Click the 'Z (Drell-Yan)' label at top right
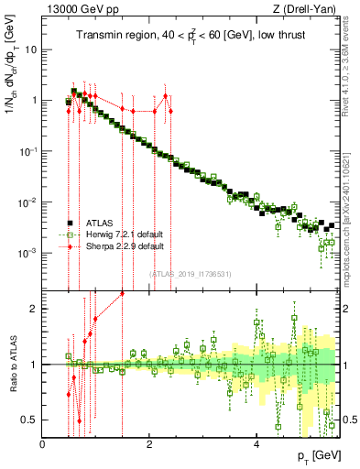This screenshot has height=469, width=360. pos(311,10)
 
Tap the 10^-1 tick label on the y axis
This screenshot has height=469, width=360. pos(29,150)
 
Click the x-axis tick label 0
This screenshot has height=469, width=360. pos(43,443)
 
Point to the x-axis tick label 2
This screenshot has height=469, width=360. pos(149,443)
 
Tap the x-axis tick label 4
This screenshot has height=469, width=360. pos(256,443)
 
